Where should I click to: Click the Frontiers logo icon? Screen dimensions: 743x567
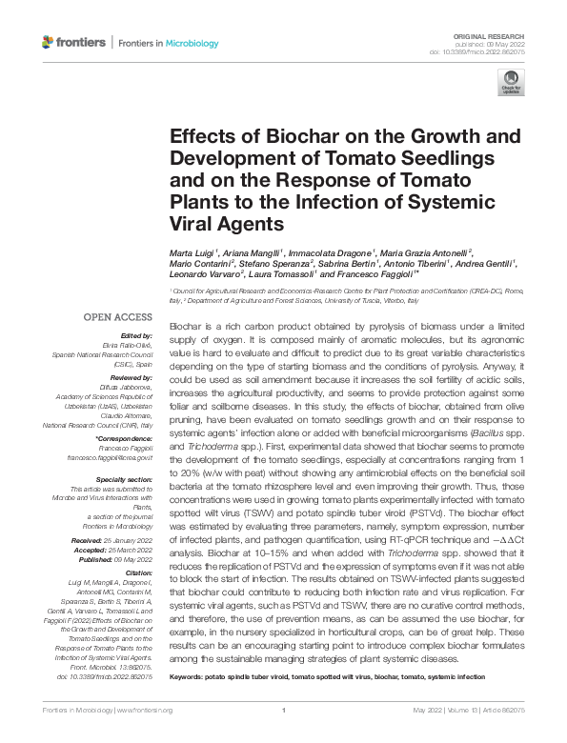[x=49, y=43]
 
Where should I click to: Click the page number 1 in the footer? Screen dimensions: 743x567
[x=284, y=711]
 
